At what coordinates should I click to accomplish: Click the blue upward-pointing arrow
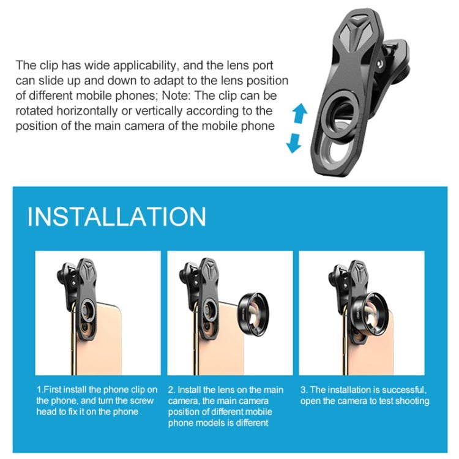(300, 113)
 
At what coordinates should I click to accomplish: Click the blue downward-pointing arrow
(294, 143)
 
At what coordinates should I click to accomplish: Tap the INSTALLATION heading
(117, 217)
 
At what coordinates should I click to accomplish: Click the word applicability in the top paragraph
(146, 65)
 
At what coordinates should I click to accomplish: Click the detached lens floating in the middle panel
(253, 314)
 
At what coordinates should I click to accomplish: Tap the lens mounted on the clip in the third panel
(370, 314)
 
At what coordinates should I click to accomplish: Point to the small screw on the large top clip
(380, 64)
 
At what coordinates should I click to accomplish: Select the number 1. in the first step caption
(40, 390)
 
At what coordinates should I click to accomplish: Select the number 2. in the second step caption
(171, 390)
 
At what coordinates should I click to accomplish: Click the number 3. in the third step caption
(304, 390)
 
